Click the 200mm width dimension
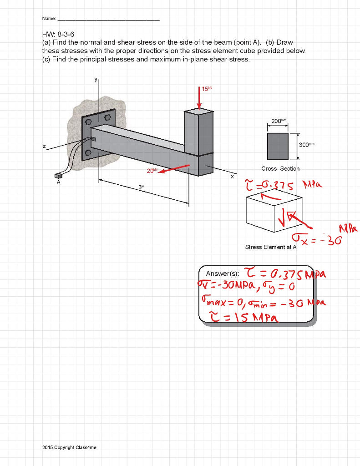277,121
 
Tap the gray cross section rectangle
278,146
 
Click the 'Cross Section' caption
280,169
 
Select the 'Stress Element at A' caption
270,247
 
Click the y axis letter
96,79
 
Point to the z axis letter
44,146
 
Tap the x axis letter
232,176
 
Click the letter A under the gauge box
58,183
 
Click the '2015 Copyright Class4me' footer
69,447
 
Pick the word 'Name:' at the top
49,19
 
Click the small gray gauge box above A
58,176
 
